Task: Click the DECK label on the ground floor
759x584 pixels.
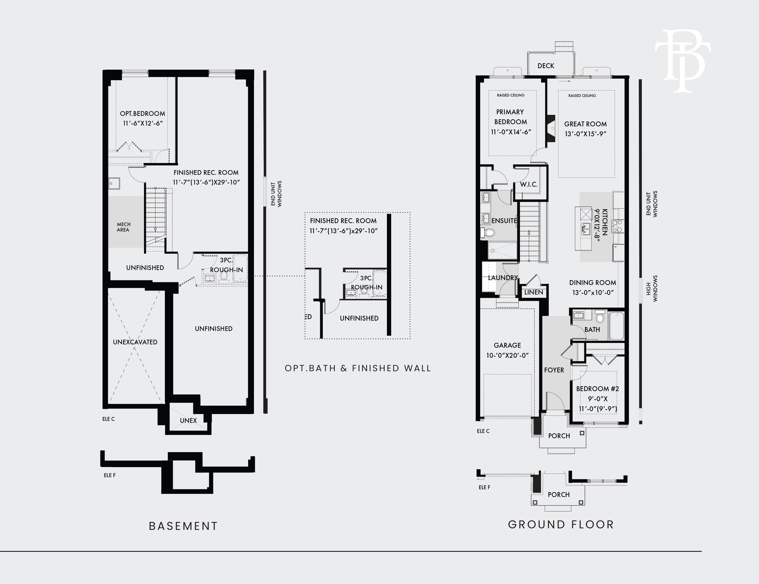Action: coord(546,66)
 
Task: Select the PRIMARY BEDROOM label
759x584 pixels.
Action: coord(510,117)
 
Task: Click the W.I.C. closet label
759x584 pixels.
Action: coord(529,185)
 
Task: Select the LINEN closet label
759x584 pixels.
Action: coord(533,292)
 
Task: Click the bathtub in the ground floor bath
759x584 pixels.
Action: coord(616,326)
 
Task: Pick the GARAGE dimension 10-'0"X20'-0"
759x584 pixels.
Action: coord(507,355)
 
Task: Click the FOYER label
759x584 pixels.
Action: coord(554,370)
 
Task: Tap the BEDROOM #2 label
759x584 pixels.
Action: coord(597,389)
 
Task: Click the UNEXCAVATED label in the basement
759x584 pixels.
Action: coord(135,342)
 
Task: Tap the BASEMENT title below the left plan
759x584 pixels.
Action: coord(183,526)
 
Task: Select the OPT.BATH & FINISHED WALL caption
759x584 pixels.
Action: coord(358,368)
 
